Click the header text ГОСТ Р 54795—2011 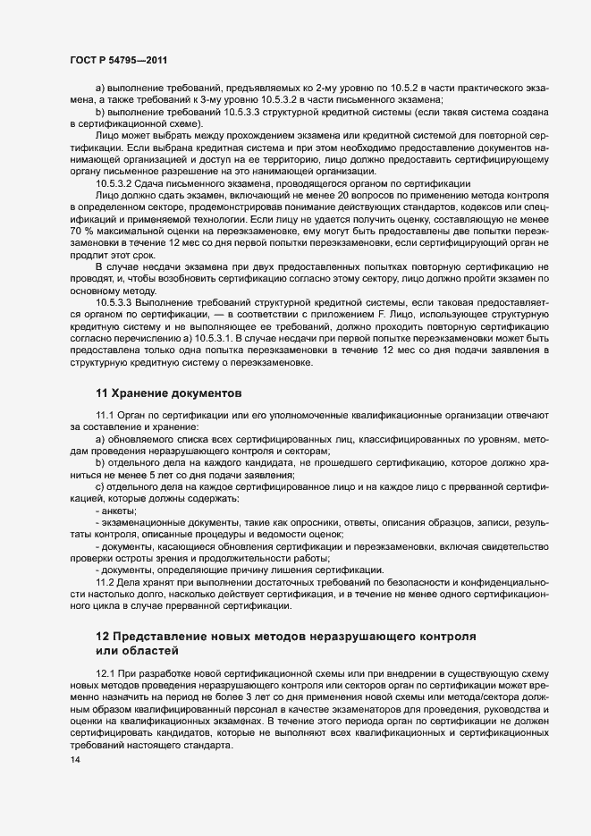point(114,59)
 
